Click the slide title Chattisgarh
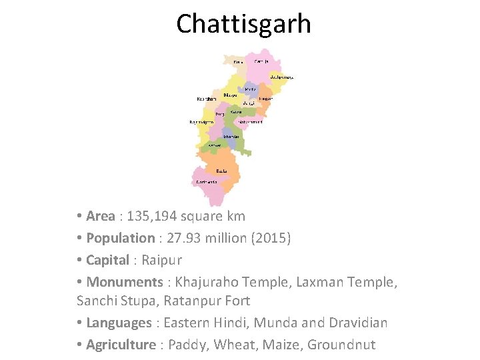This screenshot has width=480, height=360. tap(243, 24)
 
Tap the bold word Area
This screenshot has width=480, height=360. tap(101, 216)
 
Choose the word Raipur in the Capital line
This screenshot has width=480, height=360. tap(161, 259)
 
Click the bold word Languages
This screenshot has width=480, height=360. tap(119, 323)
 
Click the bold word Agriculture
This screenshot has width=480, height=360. tap(122, 345)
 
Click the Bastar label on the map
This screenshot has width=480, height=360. tap(221, 170)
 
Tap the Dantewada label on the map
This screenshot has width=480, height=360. tap(205, 182)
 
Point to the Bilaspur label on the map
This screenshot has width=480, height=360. tap(230, 95)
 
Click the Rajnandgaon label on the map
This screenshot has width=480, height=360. tap(201, 122)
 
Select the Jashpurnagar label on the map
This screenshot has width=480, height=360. tap(281, 77)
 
